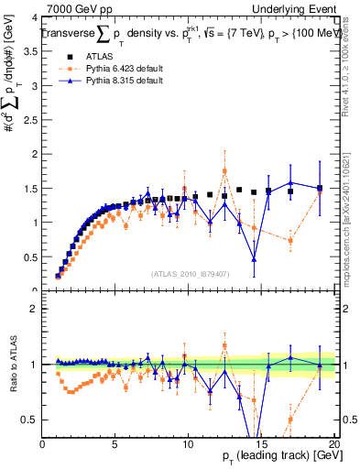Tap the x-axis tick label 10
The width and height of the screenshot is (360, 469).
(x=188, y=444)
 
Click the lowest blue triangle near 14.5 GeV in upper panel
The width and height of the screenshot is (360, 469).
(x=254, y=260)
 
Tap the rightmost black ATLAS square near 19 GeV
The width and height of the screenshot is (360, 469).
(x=320, y=189)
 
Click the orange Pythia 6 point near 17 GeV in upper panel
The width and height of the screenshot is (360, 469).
(x=290, y=241)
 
